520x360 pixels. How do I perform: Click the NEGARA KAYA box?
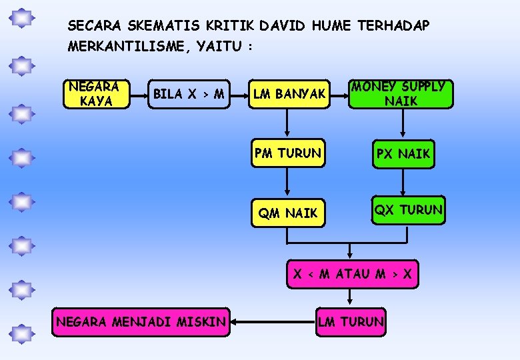click(x=95, y=94)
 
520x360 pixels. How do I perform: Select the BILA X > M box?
click(x=188, y=94)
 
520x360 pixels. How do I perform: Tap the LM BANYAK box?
click(x=289, y=95)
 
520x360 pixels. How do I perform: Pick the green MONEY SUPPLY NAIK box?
click(x=401, y=94)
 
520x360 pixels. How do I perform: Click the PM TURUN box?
click(x=287, y=153)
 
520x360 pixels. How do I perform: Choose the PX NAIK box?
click(x=403, y=155)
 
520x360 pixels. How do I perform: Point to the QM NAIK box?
click(x=287, y=213)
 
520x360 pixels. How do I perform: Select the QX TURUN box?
click(x=408, y=211)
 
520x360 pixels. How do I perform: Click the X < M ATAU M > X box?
click(x=353, y=273)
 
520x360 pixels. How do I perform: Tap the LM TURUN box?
click(x=351, y=323)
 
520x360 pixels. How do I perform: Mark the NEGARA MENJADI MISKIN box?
click(x=141, y=323)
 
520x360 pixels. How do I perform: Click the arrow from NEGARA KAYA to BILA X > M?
click(x=138, y=95)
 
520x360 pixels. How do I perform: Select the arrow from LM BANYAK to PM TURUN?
click(x=287, y=124)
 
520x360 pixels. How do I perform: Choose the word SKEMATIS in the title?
click(x=151, y=26)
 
